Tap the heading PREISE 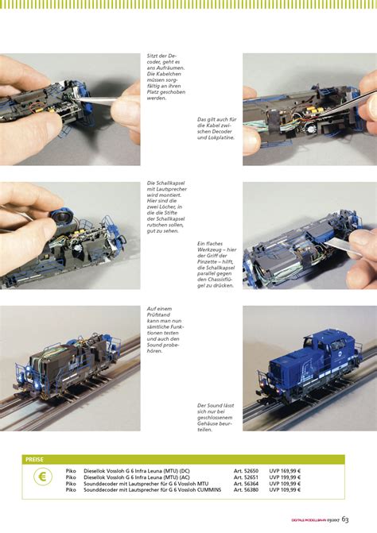(x=35, y=459)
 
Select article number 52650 (x=245, y=471)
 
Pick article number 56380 (x=245, y=490)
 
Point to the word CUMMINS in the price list (x=202, y=490)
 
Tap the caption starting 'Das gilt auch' (x=216, y=129)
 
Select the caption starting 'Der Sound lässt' (x=215, y=416)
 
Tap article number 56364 (x=245, y=484)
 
